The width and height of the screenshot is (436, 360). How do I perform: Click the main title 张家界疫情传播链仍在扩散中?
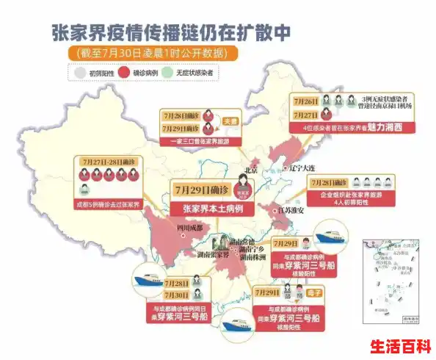click(217, 32)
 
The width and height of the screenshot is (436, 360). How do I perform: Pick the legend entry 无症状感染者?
click(202, 73)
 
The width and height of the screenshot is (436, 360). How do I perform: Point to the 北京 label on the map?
click(252, 170)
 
